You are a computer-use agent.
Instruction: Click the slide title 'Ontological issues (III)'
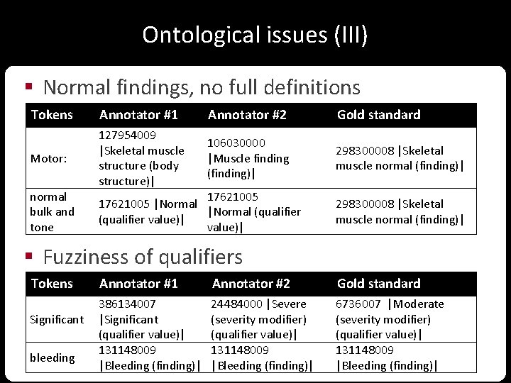pos(255,35)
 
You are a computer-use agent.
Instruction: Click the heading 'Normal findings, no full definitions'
pos(202,87)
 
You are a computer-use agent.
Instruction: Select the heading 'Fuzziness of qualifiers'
pos(143,256)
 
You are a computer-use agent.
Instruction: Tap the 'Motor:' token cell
pos(48,158)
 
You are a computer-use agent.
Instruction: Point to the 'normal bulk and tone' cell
pos(51,211)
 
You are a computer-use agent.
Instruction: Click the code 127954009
pos(128,135)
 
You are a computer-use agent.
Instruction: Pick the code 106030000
pos(236,143)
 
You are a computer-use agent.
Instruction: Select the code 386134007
pos(128,304)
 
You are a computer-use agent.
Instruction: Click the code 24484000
pos(237,304)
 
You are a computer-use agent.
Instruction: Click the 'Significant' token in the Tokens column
pos(57,319)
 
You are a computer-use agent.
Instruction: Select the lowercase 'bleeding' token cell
pos(52,357)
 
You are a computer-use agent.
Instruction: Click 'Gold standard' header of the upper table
pos(378,115)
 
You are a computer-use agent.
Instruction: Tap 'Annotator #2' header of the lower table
pos(251,284)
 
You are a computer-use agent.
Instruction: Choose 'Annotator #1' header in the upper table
pos(138,115)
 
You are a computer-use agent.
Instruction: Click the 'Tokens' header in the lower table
pos(52,284)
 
